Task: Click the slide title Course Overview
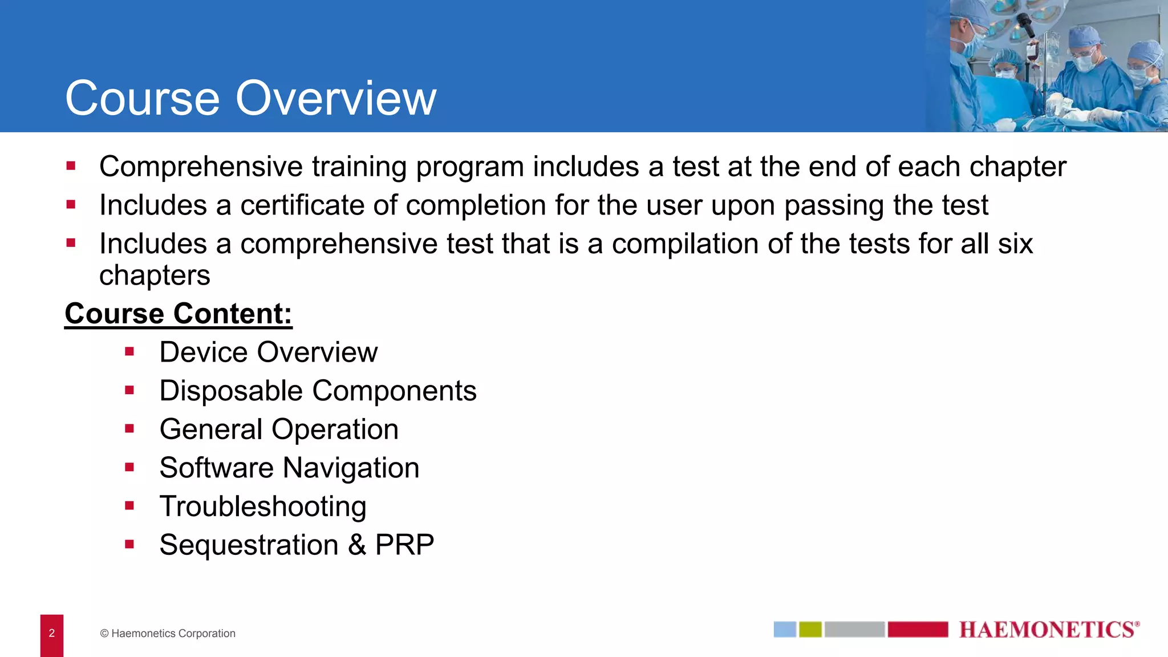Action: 251,98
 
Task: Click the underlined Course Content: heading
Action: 178,314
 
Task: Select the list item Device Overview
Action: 268,352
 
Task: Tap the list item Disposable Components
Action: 318,391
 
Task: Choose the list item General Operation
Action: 279,429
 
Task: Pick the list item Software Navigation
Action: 289,468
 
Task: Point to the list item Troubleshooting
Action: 263,506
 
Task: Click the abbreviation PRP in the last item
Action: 404,545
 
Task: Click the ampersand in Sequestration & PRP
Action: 357,545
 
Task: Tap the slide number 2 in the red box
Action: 52,633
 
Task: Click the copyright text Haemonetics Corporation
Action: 168,634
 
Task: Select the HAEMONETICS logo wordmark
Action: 1048,630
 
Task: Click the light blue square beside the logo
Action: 785,630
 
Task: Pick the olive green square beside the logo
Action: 810,630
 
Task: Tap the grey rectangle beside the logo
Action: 854,630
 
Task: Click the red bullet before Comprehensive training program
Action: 71,166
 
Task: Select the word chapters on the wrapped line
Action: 155,275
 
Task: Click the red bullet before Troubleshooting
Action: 129,506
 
